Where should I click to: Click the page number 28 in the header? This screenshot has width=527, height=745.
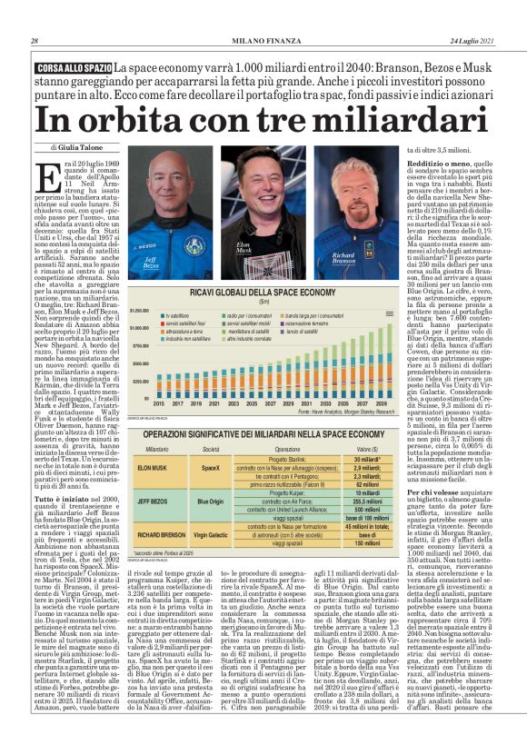35,41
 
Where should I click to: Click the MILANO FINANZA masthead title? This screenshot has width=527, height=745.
263,41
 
